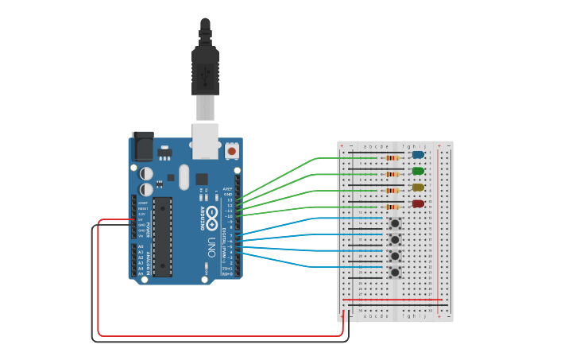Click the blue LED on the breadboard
[x=418, y=155]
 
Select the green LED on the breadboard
[x=418, y=171]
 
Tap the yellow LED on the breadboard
[x=418, y=188]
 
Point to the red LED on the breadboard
[x=418, y=204]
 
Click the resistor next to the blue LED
[x=391, y=157]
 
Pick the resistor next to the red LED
[x=391, y=207]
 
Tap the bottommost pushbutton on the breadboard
[x=395, y=272]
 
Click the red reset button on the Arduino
[x=231, y=150]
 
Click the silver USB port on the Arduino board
[x=205, y=137]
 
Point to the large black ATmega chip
[x=162, y=237]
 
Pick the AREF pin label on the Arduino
[x=227, y=188]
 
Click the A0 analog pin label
[x=141, y=246]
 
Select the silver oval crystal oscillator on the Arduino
[x=184, y=176]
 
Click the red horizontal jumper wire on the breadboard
[x=393, y=300]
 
